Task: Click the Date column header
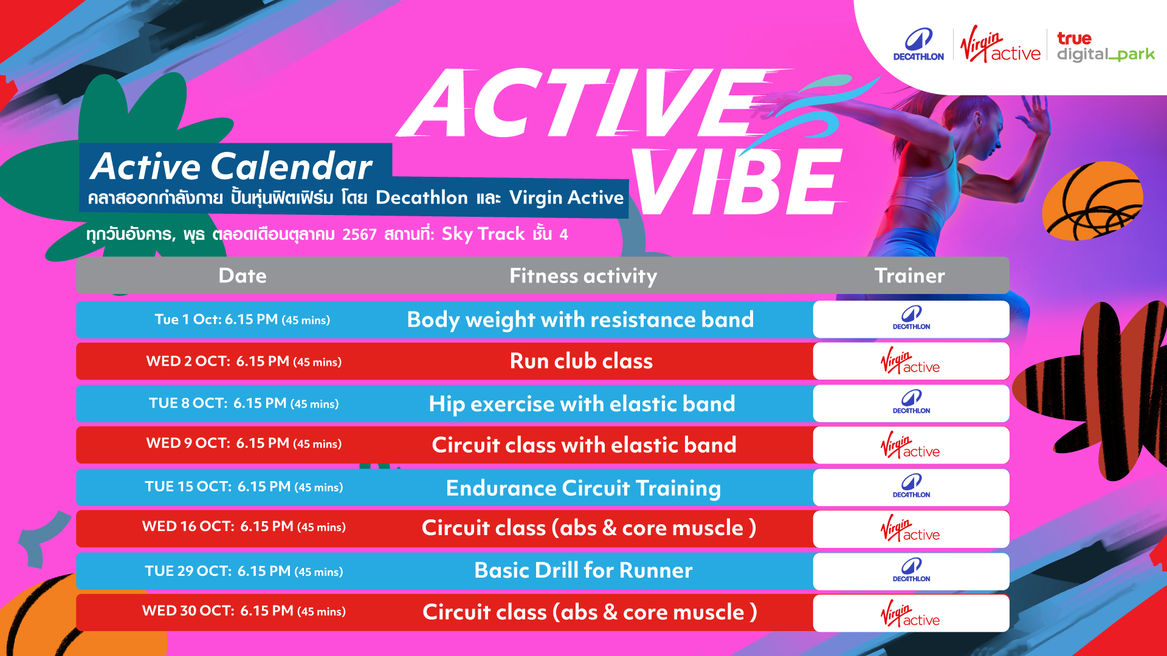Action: tap(243, 276)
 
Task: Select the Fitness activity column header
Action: tap(583, 276)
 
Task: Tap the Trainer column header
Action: tap(910, 276)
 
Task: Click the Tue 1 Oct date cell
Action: tap(243, 319)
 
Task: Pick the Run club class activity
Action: tap(581, 361)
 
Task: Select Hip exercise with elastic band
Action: tap(582, 404)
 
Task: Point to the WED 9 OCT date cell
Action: tap(244, 443)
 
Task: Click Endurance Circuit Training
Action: tap(583, 488)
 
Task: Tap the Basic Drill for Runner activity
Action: tap(583, 570)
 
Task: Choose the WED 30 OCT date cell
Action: tap(244, 611)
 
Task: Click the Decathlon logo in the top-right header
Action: tap(918, 44)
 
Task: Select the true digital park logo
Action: tap(1106, 47)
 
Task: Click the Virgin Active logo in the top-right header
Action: tap(1000, 45)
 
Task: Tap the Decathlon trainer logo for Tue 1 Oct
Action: tap(911, 319)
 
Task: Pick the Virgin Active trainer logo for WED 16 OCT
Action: tap(910, 528)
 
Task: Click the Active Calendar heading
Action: tap(231, 166)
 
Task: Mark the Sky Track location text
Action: tap(483, 234)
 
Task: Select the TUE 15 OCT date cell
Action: tap(244, 487)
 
